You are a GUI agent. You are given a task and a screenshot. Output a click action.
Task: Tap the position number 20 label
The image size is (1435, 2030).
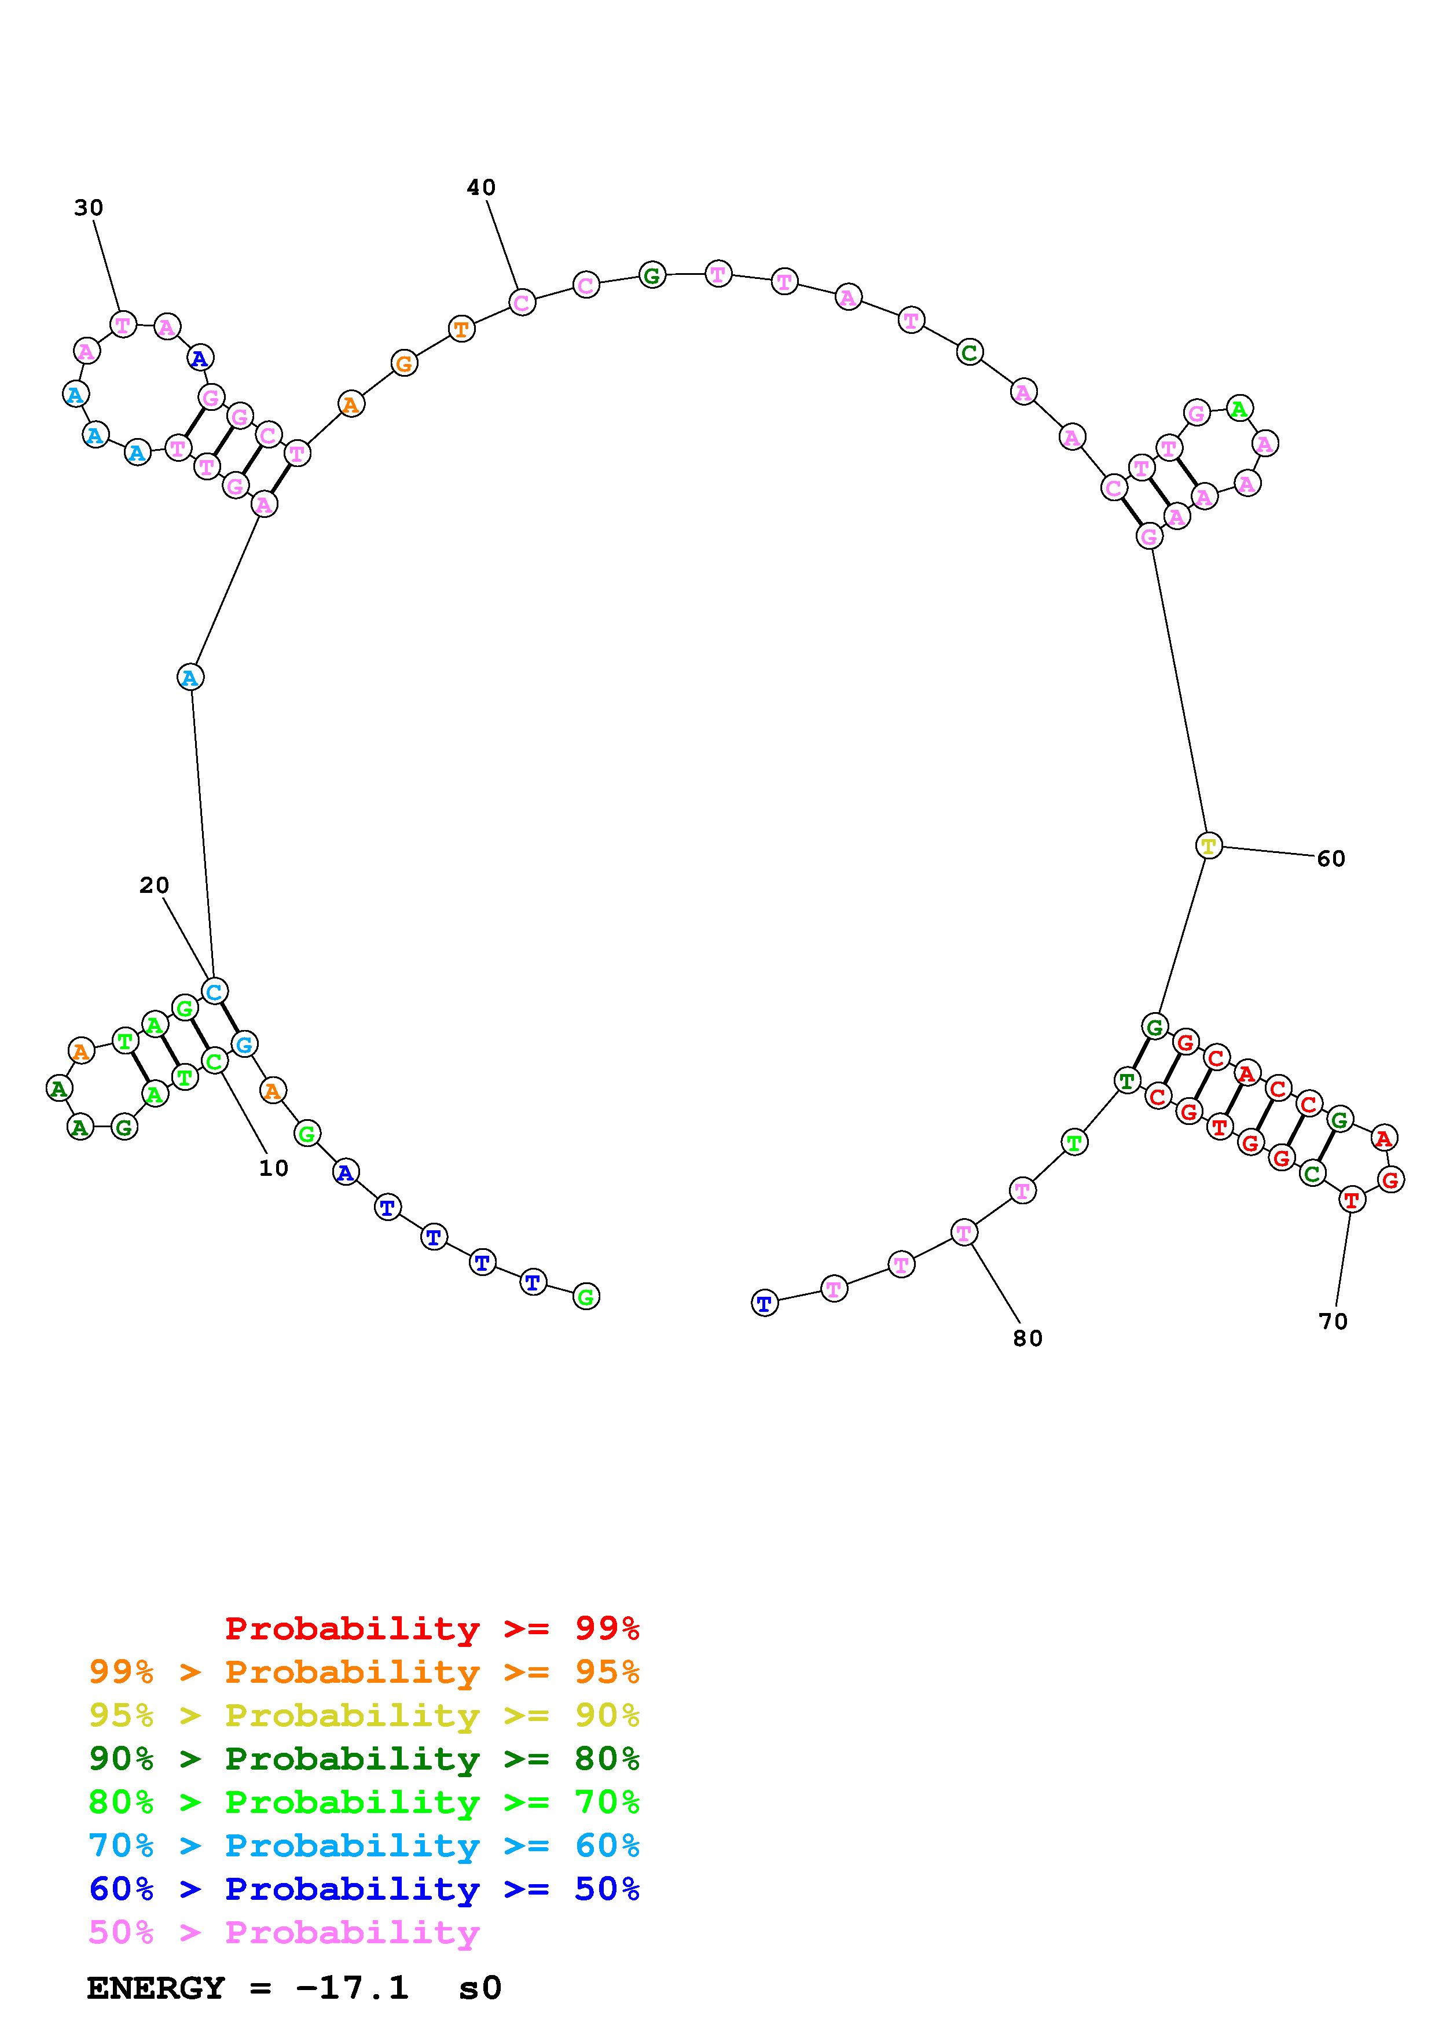pyautogui.click(x=154, y=885)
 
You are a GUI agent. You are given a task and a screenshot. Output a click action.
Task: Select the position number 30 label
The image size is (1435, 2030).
pyautogui.click(x=89, y=208)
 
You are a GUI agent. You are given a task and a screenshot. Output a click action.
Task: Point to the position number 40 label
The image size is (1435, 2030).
pyautogui.click(x=481, y=187)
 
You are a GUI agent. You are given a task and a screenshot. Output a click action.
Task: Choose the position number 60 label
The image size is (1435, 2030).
pyautogui.click(x=1331, y=859)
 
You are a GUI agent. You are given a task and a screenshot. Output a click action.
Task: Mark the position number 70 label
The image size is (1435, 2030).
pyautogui.click(x=1333, y=1322)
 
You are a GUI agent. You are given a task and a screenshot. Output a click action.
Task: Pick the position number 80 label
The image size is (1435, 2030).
pyautogui.click(x=1027, y=1338)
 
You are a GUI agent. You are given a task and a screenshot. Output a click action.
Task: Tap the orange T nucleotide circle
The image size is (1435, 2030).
pyautogui.click(x=461, y=329)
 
